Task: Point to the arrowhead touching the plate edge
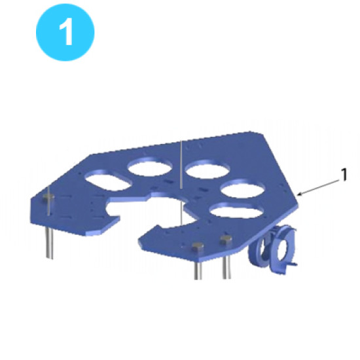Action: tap(298, 194)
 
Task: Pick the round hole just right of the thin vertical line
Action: tap(204, 170)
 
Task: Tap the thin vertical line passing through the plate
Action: tap(179, 164)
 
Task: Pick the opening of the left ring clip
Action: tap(267, 249)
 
